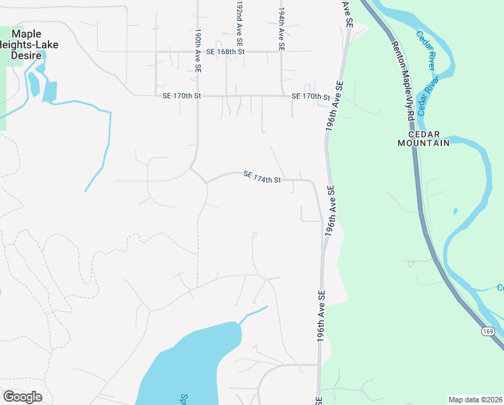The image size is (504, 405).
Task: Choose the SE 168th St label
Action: [x=225, y=51]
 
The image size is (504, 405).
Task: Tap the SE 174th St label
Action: [x=261, y=178]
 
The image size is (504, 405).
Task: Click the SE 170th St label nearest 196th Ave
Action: [x=311, y=97]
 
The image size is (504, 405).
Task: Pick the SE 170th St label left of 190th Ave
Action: [x=181, y=96]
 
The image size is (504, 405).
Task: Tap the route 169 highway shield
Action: [x=488, y=330]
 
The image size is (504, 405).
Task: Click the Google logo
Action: [x=22, y=397]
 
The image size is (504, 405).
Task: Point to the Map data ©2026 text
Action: [x=474, y=400]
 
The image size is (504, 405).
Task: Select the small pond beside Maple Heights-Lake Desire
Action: [x=49, y=91]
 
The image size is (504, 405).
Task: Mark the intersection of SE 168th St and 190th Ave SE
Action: [x=197, y=51]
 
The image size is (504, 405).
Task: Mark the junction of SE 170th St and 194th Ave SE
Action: [x=282, y=96]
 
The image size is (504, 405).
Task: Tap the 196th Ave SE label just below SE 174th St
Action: [x=331, y=209]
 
